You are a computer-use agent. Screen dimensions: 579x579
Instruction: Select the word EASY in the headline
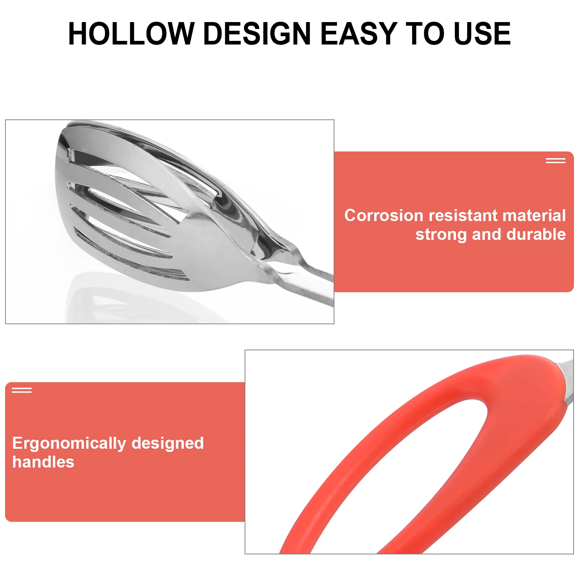click(359, 34)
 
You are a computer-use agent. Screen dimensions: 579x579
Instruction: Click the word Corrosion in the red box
click(384, 216)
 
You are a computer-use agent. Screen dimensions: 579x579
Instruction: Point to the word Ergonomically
click(69, 444)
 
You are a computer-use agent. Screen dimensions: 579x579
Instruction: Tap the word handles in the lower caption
click(43, 462)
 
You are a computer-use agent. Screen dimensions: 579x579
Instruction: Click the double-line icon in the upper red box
click(555, 161)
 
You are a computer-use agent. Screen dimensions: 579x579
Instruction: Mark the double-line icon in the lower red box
click(22, 390)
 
